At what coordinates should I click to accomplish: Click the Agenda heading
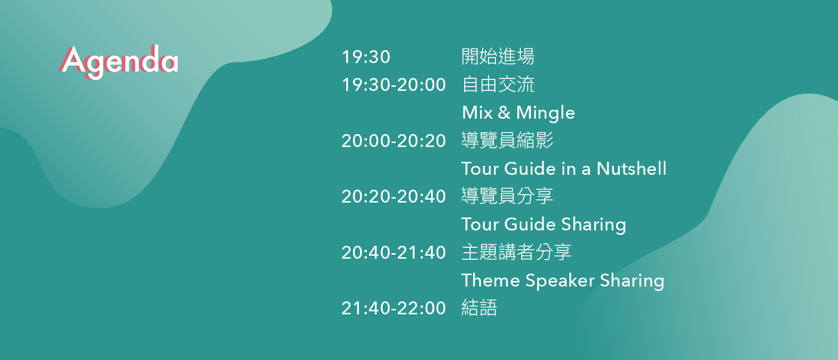[x=118, y=62]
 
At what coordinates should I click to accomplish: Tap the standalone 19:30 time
[x=366, y=57]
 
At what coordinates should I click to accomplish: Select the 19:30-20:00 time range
[x=394, y=84]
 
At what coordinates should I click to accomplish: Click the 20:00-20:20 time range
[x=394, y=141]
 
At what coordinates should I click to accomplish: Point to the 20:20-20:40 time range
[x=394, y=197]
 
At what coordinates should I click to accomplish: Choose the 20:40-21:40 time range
[x=394, y=253]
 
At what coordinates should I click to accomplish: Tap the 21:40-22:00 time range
[x=394, y=308]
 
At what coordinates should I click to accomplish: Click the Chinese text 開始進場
[x=498, y=57]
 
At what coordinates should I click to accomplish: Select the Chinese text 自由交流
[x=498, y=84]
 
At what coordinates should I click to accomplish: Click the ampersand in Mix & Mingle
[x=504, y=112]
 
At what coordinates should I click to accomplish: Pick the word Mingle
[x=546, y=113]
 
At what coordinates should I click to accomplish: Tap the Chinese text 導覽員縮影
[x=507, y=141]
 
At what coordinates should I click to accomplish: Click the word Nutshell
[x=631, y=168]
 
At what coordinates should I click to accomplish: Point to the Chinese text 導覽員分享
[x=507, y=196]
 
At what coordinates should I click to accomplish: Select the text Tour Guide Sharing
[x=544, y=225]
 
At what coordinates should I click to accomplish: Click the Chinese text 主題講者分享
[x=516, y=252]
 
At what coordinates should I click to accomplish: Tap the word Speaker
[x=559, y=281]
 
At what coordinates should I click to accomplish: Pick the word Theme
[x=490, y=281]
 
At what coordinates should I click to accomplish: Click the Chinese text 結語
[x=479, y=308]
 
